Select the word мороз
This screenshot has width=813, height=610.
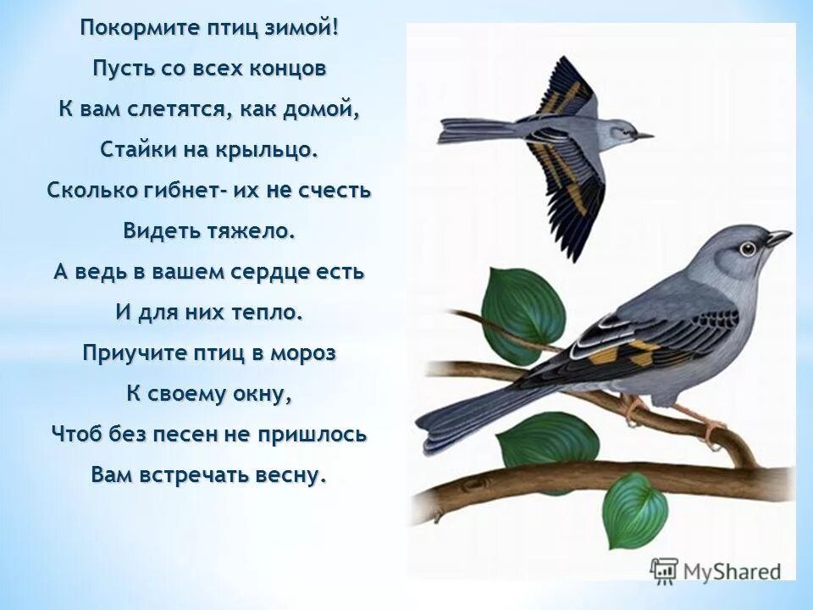pyautogui.click(x=303, y=353)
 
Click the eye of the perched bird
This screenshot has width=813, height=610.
pyautogui.click(x=747, y=249)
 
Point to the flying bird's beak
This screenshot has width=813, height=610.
pyautogui.click(x=644, y=135)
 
